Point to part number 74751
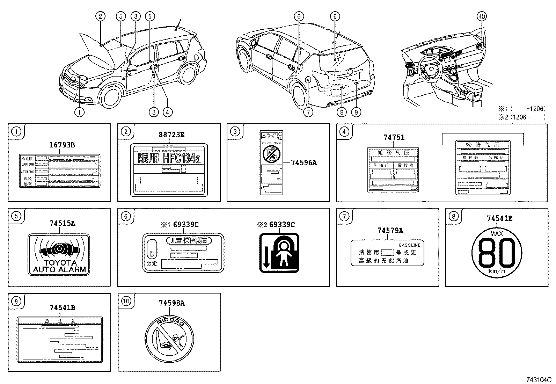pos(394,137)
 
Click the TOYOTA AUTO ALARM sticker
pos(59,254)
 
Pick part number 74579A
pos(390,230)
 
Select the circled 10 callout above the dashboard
pos(481,16)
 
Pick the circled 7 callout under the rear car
pos(308,112)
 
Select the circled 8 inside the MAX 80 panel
pos(453,216)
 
